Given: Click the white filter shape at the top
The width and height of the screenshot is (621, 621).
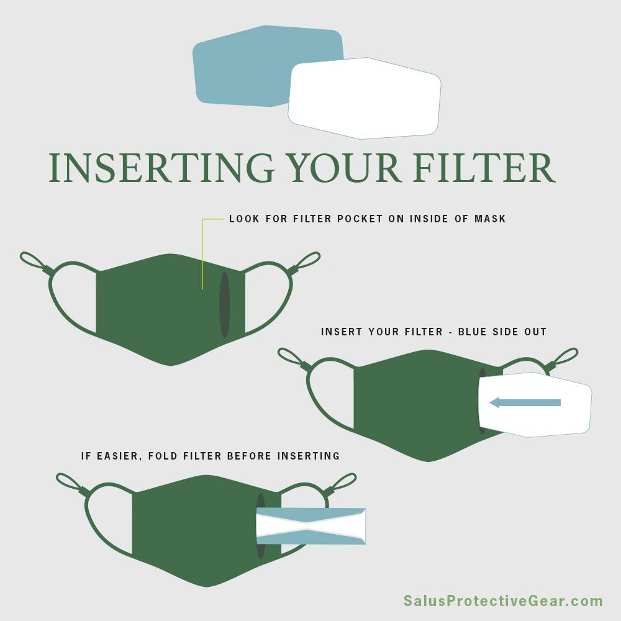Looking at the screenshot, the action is [365, 98].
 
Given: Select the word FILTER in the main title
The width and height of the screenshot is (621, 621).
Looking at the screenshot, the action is [484, 168].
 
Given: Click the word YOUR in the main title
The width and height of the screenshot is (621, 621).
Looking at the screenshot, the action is [344, 168].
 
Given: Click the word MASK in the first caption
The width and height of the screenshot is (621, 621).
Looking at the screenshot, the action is [491, 219].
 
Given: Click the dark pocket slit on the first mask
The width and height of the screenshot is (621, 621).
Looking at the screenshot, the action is [225, 304].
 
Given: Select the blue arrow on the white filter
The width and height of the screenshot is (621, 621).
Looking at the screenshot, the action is [525, 403].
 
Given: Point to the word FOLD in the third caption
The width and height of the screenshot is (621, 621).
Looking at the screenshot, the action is [163, 456].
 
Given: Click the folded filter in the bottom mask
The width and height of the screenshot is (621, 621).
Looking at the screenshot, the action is [311, 526].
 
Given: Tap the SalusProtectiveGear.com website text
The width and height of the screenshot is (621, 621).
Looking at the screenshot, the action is [504, 601].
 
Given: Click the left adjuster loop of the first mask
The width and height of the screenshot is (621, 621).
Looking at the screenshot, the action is [36, 263].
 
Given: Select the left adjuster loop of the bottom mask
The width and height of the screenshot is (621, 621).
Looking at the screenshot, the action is [72, 484].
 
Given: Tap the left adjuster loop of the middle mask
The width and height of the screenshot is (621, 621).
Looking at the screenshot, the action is [294, 359].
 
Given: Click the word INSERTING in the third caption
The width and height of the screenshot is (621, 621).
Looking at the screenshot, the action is [309, 456].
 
